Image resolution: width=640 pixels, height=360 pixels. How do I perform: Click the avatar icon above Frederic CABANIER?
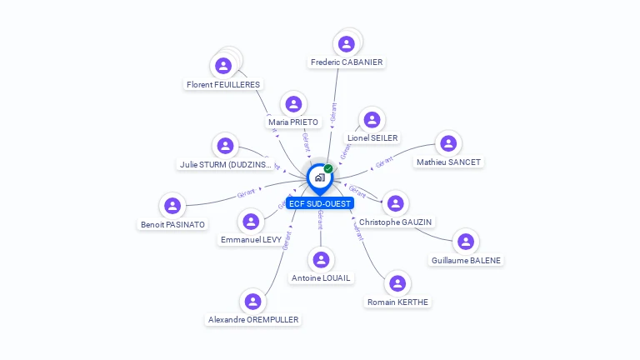tap(347, 43)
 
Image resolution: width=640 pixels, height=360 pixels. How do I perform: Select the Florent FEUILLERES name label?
tap(223, 84)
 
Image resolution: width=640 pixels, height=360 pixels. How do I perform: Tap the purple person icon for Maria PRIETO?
tap(292, 104)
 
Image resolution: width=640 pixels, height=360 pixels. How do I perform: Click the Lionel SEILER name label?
tap(372, 137)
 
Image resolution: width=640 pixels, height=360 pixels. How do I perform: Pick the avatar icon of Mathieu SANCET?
tap(448, 143)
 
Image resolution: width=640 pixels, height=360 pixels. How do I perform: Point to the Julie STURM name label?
tap(226, 164)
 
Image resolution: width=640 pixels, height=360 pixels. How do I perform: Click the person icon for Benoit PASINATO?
tap(172, 206)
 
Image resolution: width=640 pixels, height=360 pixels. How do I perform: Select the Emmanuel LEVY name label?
tap(251, 239)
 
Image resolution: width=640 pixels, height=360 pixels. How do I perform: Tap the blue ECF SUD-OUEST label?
tap(319, 203)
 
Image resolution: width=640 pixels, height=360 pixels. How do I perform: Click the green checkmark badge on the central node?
tap(328, 168)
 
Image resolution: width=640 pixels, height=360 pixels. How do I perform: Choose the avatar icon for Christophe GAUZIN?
tap(395, 203)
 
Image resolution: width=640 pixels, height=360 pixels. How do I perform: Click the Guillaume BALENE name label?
tap(466, 260)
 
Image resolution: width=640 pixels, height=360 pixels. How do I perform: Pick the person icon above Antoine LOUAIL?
tap(321, 259)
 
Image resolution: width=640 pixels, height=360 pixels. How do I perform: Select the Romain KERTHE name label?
tap(398, 302)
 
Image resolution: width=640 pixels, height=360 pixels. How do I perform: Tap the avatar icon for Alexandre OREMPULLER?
tap(252, 301)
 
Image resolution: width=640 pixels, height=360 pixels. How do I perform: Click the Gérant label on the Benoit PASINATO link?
tap(247, 193)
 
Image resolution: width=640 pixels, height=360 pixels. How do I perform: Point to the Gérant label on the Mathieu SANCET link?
tap(384, 163)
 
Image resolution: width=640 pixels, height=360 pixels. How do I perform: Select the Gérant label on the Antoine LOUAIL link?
tap(320, 220)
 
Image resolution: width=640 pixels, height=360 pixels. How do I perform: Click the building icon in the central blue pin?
tap(319, 177)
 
